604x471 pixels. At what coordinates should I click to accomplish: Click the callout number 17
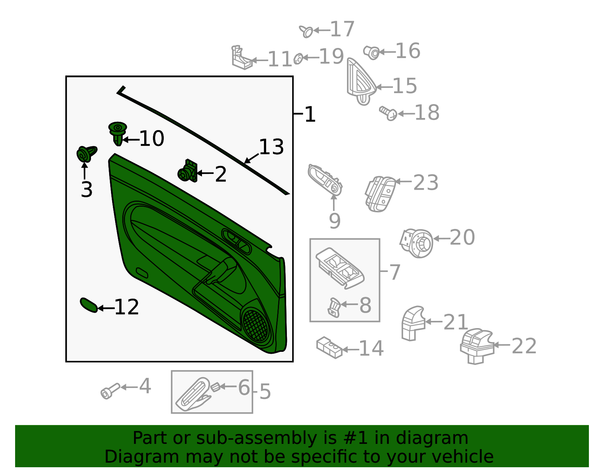pos(342,29)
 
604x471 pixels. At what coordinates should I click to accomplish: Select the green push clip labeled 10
pos(117,133)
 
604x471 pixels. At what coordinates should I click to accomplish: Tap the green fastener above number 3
pos(86,154)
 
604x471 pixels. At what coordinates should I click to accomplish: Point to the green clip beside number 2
pos(188,171)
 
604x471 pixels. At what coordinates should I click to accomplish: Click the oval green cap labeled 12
pos(89,305)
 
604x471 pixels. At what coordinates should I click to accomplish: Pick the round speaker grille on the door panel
pos(256,325)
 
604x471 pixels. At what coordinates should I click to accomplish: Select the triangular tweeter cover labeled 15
pos(361,82)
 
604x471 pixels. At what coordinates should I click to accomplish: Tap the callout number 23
pos(426,183)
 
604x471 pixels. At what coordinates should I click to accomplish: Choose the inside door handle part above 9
pos(325,180)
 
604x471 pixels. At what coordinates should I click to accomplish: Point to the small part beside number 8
pos(334,307)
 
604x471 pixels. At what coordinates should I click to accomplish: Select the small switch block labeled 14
pos(329,347)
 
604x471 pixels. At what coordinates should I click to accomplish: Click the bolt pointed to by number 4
pos(110,391)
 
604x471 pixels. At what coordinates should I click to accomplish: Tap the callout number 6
pos(244,387)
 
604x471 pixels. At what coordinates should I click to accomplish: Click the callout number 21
pos(455,322)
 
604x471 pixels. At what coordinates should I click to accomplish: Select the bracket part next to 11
pos(241,58)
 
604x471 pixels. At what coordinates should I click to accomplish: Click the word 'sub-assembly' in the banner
pos(256,438)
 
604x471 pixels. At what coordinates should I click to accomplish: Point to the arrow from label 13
pos(251,158)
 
